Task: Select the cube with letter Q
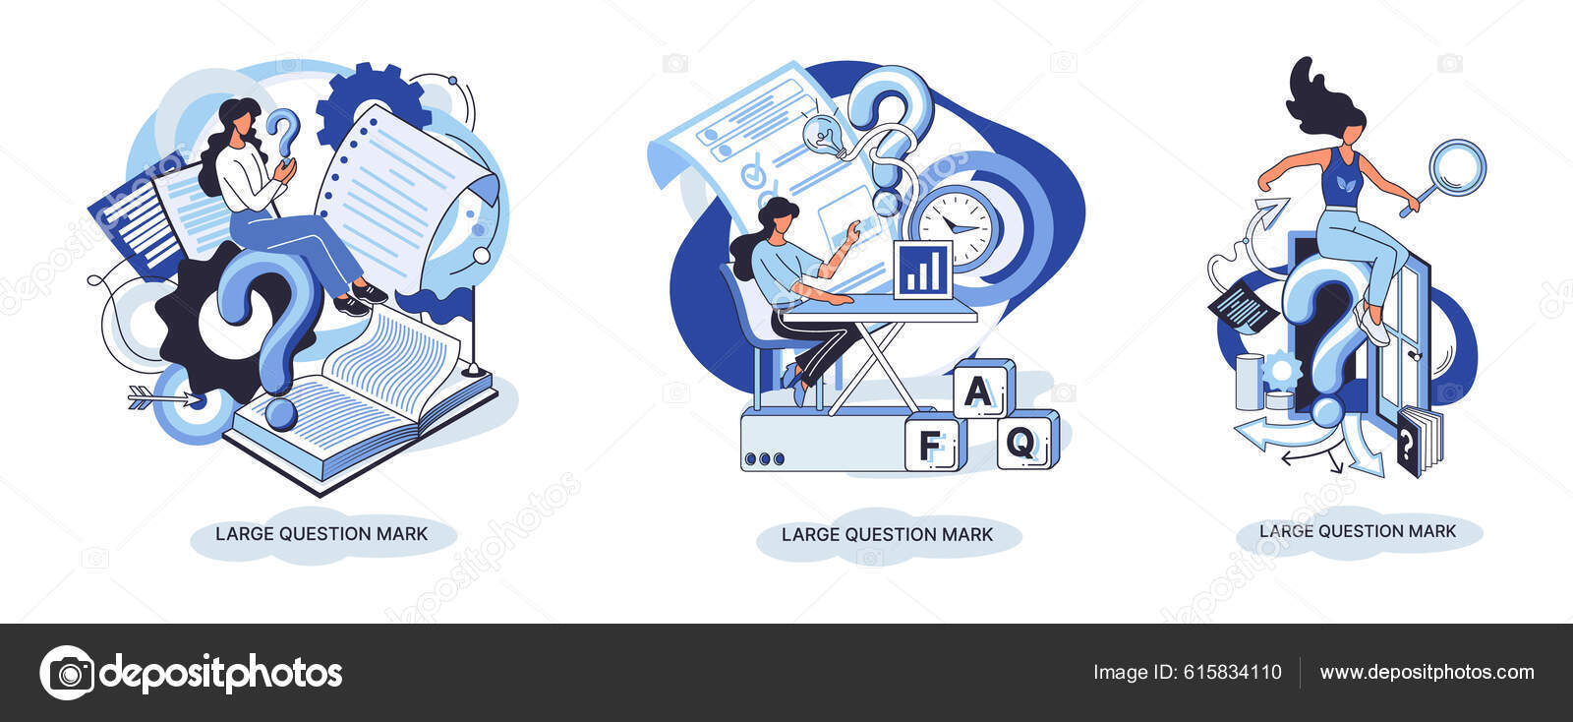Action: pyautogui.click(x=1027, y=440)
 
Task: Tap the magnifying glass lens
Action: pyautogui.click(x=1457, y=168)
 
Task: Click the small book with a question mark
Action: pyautogui.click(x=1419, y=442)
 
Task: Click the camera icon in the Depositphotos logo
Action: pyautogui.click(x=68, y=673)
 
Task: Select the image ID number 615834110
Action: pyautogui.click(x=1233, y=672)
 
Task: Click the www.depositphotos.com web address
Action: pyautogui.click(x=1427, y=673)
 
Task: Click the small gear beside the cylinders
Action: pyautogui.click(x=1282, y=370)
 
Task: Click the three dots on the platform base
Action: pyautogui.click(x=764, y=459)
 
